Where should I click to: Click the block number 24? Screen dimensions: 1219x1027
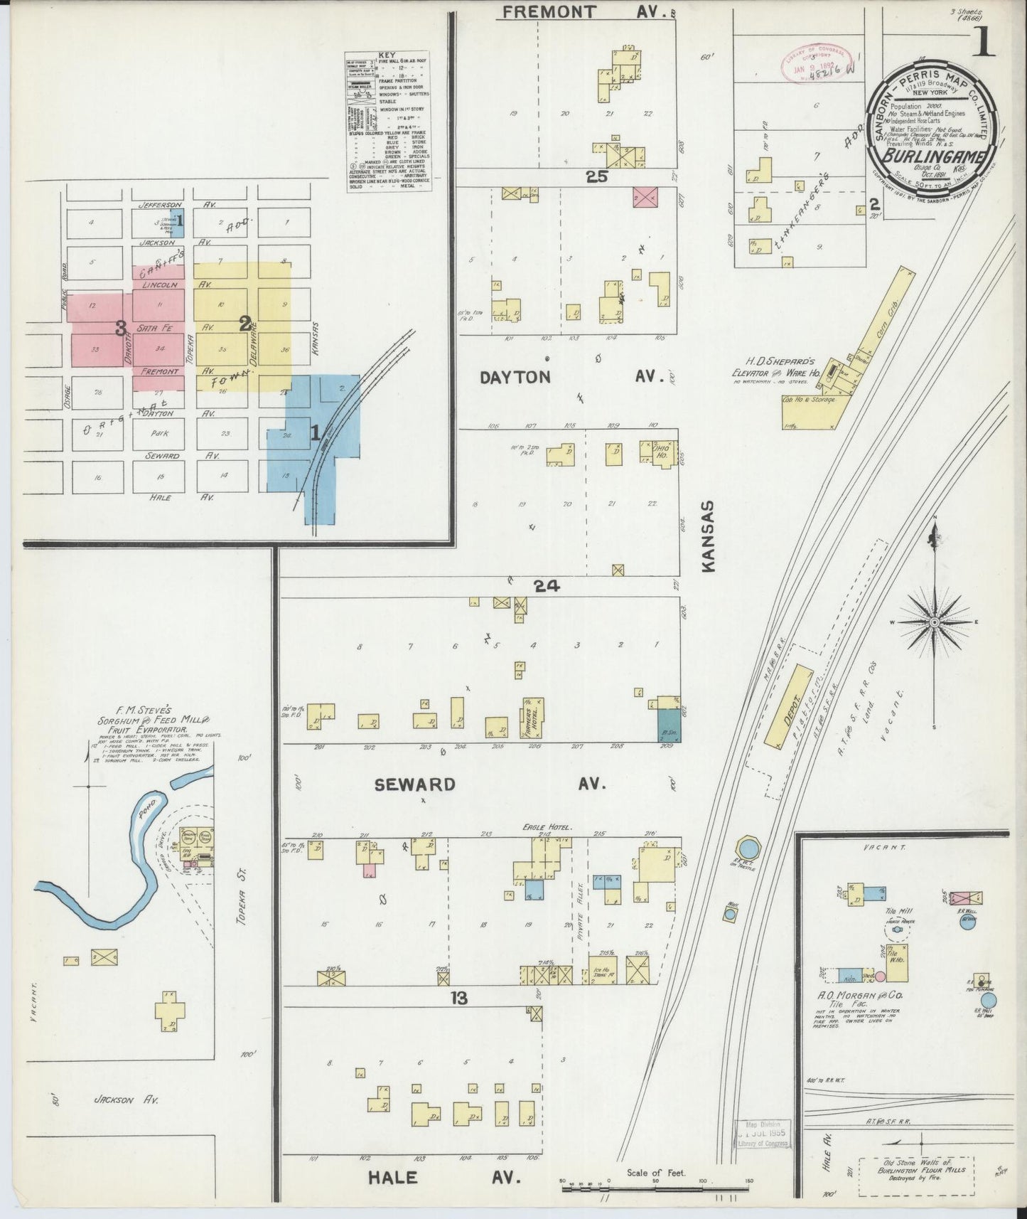pyautogui.click(x=547, y=587)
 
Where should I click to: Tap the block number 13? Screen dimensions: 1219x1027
pyautogui.click(x=458, y=999)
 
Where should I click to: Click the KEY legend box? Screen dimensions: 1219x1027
pyautogui.click(x=387, y=121)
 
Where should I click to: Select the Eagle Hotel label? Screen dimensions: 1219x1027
pyautogui.click(x=552, y=827)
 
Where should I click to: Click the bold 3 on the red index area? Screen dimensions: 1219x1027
pyautogui.click(x=122, y=328)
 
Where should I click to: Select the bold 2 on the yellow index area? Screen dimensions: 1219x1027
pyautogui.click(x=245, y=324)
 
